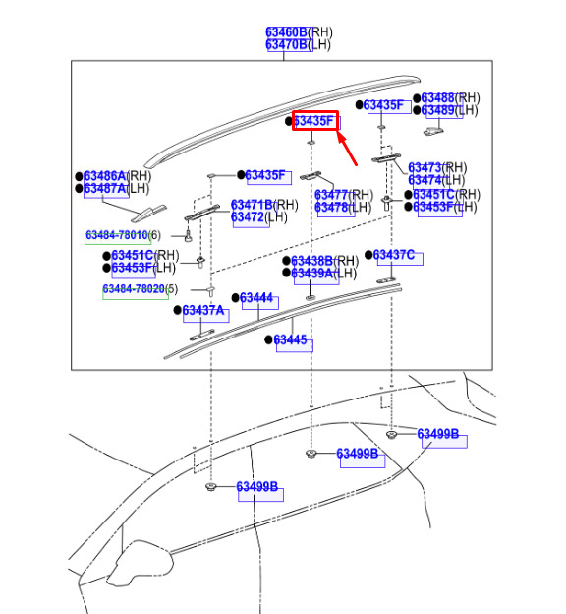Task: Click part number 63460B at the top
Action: (x=286, y=32)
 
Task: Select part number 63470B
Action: (x=286, y=44)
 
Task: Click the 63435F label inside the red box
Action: (x=314, y=121)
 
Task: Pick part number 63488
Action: (x=437, y=97)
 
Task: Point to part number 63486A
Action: (x=105, y=176)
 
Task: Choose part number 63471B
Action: (x=252, y=205)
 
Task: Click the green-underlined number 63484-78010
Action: (x=117, y=235)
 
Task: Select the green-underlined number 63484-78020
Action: (x=134, y=289)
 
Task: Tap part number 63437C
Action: (x=393, y=255)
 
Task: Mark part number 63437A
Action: (x=203, y=310)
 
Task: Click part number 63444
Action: (x=256, y=298)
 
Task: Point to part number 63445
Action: (x=290, y=339)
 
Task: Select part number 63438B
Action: (x=311, y=261)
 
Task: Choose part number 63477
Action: (x=331, y=195)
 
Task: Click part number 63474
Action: (x=424, y=180)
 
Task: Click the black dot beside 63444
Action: (x=236, y=298)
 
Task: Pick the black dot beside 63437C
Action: (x=368, y=255)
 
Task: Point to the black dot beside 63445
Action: (x=268, y=339)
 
